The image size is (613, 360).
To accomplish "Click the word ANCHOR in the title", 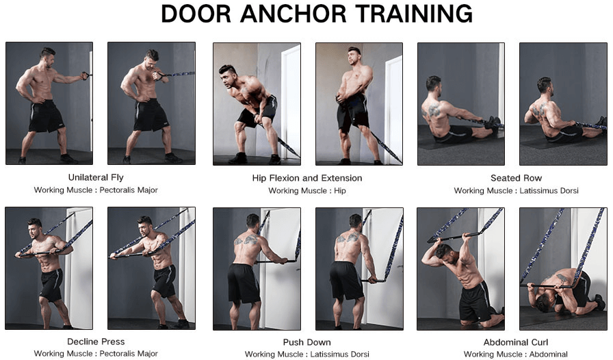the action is click(x=294, y=14).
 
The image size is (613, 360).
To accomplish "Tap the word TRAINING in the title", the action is click(x=415, y=14).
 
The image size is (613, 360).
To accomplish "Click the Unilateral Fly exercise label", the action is click(x=96, y=177).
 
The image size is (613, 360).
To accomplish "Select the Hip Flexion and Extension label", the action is click(x=307, y=178).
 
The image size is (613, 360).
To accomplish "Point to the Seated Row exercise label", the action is click(x=516, y=178).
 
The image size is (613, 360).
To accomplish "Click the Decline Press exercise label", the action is click(x=96, y=342).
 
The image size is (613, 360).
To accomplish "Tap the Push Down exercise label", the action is click(x=307, y=342).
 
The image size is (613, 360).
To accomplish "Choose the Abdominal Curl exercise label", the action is click(x=516, y=342).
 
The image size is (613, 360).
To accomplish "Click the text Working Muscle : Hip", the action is click(x=307, y=190).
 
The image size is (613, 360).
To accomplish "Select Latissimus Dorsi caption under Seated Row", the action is click(x=549, y=190).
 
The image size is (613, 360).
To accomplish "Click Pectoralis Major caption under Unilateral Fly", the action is click(x=129, y=190).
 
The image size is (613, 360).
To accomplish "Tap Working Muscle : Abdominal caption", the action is click(x=516, y=354).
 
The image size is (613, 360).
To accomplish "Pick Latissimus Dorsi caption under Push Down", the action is click(x=340, y=354).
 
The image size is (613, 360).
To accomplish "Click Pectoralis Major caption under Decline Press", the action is click(x=129, y=353).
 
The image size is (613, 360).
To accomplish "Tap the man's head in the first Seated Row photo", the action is click(x=433, y=84).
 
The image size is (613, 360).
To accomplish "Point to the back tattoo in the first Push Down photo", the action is click(x=246, y=240).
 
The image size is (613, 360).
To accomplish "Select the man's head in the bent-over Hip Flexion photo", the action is click(x=228, y=76).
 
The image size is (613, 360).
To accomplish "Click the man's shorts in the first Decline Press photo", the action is click(x=51, y=285).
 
